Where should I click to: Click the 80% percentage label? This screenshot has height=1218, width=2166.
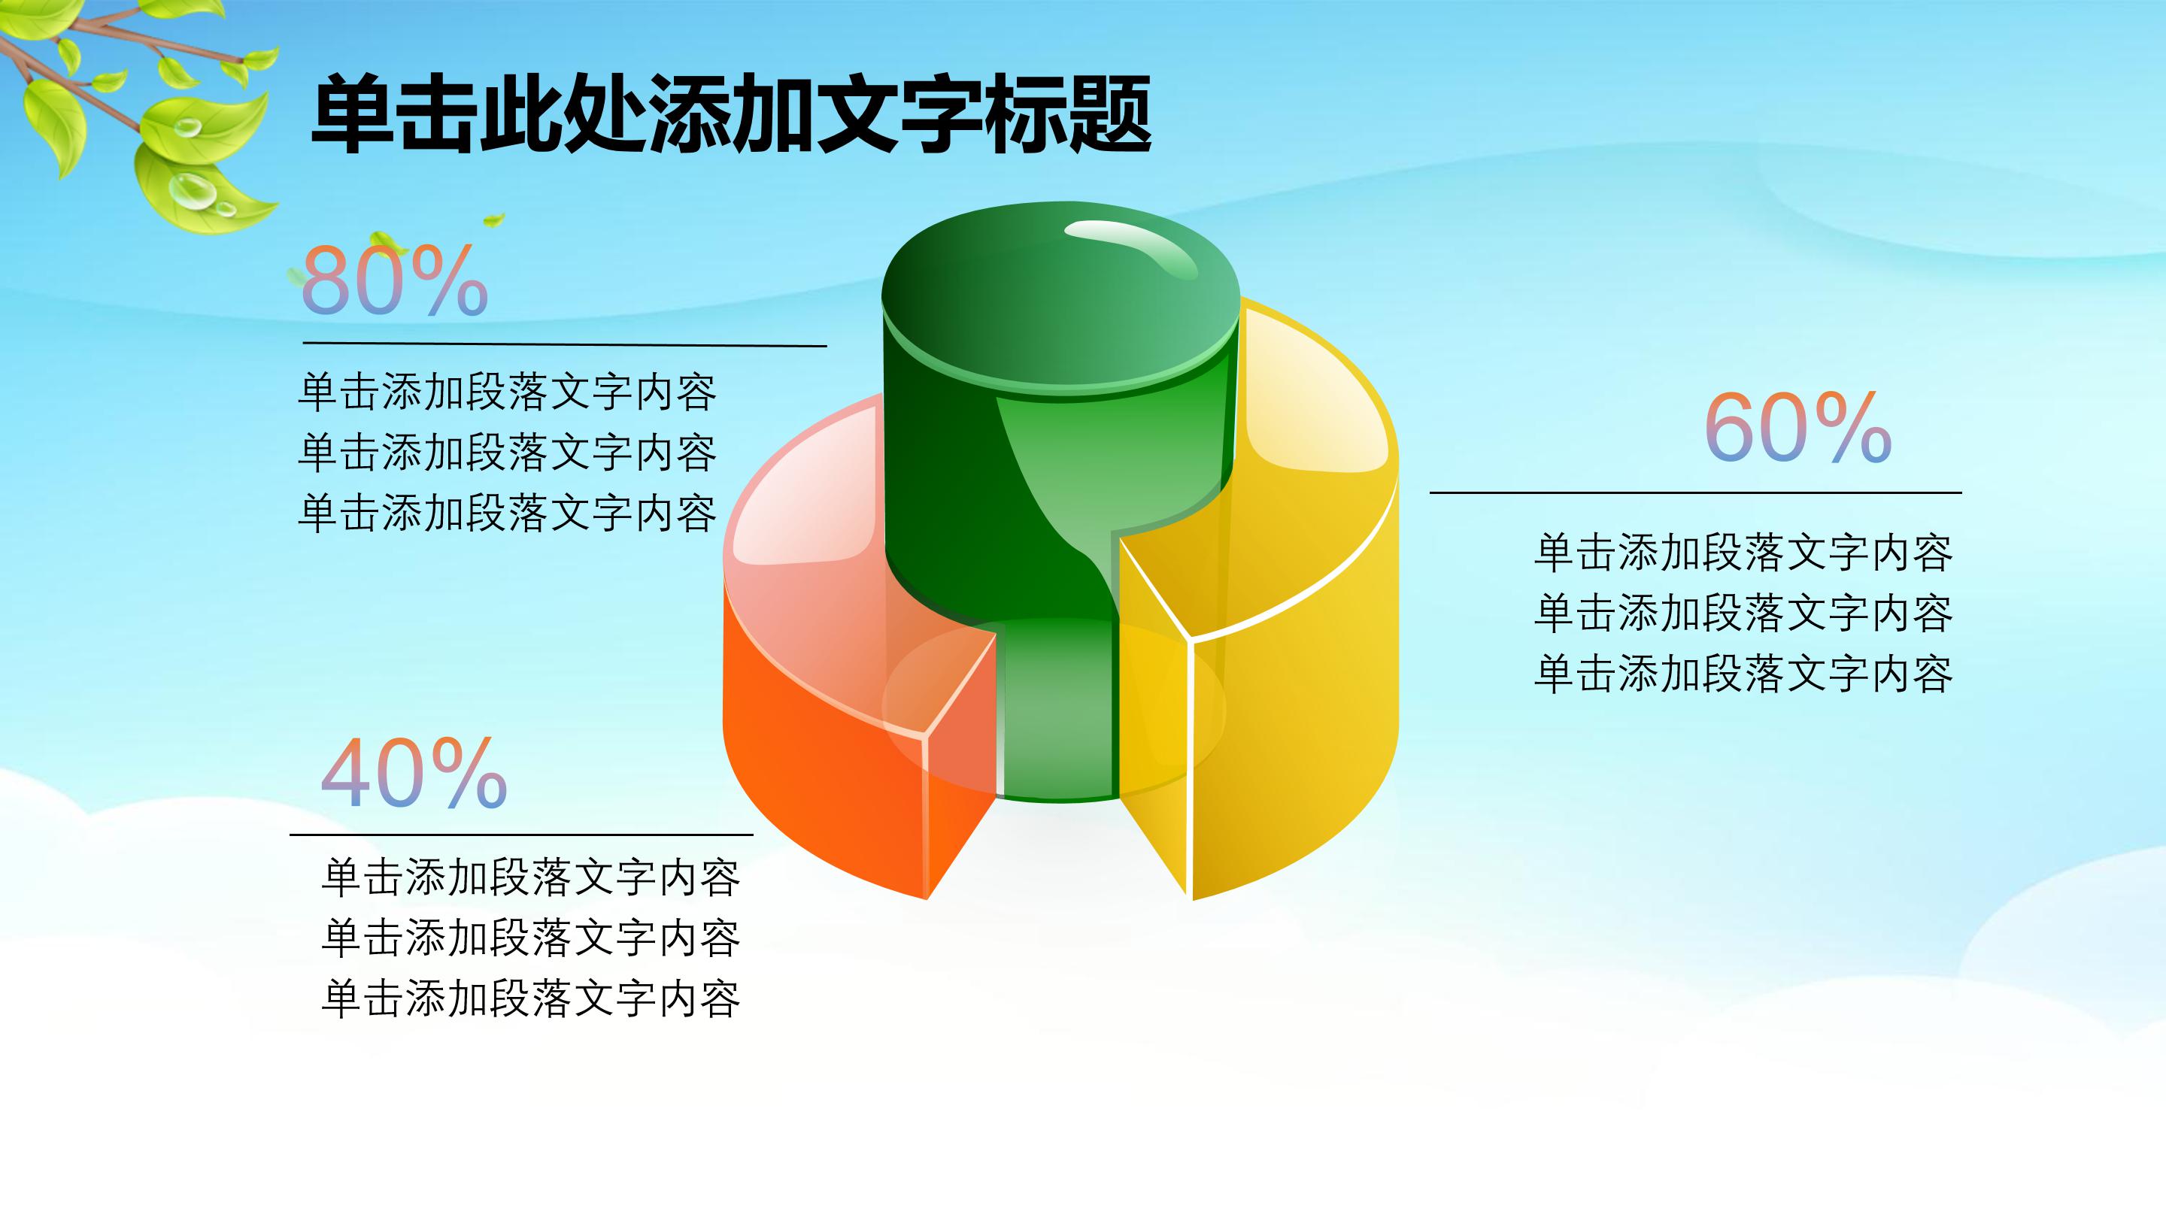394,280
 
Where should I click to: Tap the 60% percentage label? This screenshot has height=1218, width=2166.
1797,428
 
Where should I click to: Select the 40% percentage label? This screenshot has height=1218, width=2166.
414,774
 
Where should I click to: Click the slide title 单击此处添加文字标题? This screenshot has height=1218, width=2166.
730,114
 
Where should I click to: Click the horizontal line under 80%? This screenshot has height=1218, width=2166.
564,344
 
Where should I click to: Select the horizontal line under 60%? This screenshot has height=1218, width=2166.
1695,492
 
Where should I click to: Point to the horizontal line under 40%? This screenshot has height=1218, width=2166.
520,835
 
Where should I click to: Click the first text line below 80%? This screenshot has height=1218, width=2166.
507,392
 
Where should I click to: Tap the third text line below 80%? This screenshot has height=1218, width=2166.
507,514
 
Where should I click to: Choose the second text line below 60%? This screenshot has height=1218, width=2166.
1743,613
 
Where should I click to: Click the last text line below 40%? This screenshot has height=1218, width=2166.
530,998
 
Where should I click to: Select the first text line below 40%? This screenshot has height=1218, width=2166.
530,877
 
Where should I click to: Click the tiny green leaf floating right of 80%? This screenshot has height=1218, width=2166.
493,220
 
